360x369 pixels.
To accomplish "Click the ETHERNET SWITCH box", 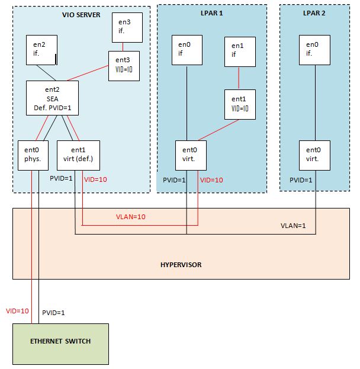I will [62, 343].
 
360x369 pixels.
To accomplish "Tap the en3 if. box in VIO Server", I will [128, 28].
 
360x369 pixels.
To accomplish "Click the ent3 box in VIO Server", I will [123, 65].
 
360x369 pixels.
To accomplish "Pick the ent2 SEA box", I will [52, 98].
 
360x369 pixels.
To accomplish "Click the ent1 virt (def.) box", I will [78, 155].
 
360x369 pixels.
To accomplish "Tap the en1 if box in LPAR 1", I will [239, 52].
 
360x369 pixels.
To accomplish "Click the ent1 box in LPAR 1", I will [239, 103].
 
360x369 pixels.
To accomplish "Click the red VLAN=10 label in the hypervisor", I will [130, 217].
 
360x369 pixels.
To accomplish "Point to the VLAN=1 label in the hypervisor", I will [294, 226].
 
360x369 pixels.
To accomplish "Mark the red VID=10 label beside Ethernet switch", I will [17, 310].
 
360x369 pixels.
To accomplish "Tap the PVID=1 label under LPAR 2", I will [300, 179].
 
